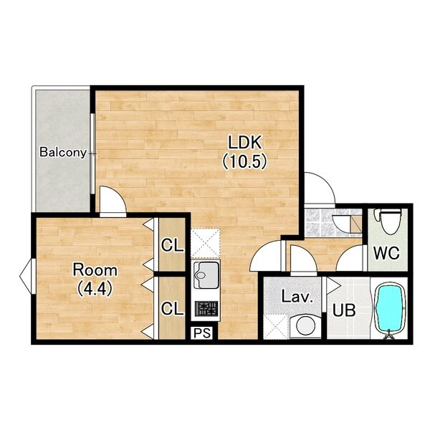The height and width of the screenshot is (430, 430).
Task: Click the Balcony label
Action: coord(63,152)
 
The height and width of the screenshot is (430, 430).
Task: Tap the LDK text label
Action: coord(244,142)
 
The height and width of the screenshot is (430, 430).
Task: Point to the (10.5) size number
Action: coord(244,161)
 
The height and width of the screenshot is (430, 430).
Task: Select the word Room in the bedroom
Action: coord(95,270)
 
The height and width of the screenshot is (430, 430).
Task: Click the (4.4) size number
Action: coord(95,289)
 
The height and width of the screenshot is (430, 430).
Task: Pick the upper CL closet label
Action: coord(172,245)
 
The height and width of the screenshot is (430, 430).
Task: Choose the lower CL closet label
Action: coord(172,308)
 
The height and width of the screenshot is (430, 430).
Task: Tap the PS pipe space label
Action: coord(202,333)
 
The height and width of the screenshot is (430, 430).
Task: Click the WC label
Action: coord(387,253)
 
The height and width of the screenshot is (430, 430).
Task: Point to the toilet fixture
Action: coord(389,220)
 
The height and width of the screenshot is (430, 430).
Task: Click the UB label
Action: coord(344,310)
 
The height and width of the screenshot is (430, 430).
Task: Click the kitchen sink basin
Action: coord(206,274)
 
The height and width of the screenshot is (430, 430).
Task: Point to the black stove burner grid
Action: coord(206,308)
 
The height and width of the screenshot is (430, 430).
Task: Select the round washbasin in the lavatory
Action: coord(304,325)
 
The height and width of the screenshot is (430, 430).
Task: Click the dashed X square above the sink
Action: coord(206,243)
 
